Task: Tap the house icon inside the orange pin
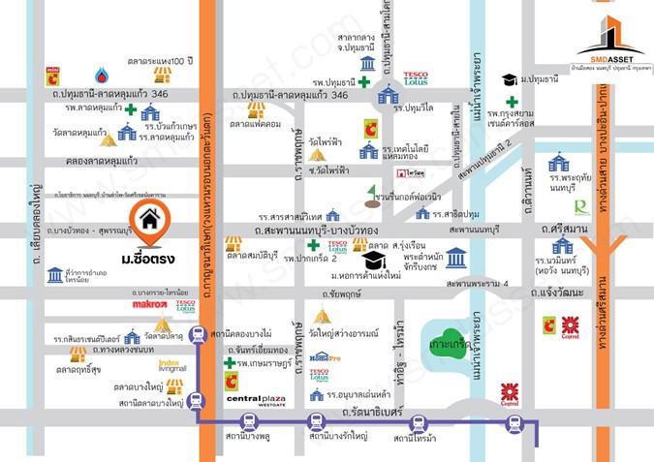[149, 219]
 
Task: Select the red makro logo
[149, 305]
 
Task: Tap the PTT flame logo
[101, 75]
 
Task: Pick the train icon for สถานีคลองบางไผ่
[198, 336]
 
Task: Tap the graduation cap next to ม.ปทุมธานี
[509, 78]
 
